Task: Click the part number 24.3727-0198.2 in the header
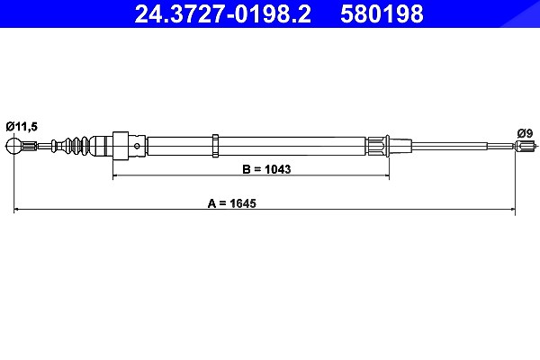tap(222, 13)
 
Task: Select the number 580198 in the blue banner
tap(382, 13)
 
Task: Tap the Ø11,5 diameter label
tap(22, 127)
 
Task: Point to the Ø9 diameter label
tap(525, 133)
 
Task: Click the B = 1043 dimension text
tap(266, 169)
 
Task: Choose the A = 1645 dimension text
tap(232, 203)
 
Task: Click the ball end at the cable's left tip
tap(13, 146)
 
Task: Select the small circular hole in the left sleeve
tap(137, 146)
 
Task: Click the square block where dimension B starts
tap(121, 146)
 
